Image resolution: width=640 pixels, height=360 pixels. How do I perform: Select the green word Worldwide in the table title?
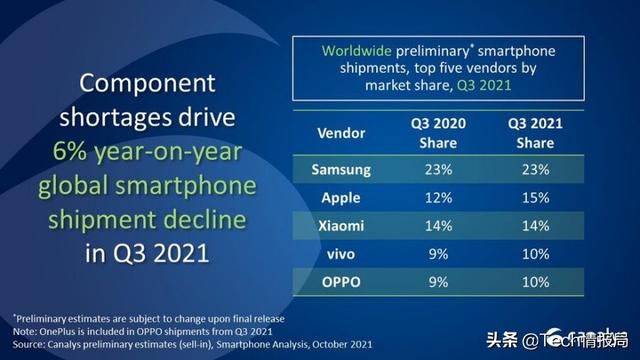[x=353, y=50]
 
